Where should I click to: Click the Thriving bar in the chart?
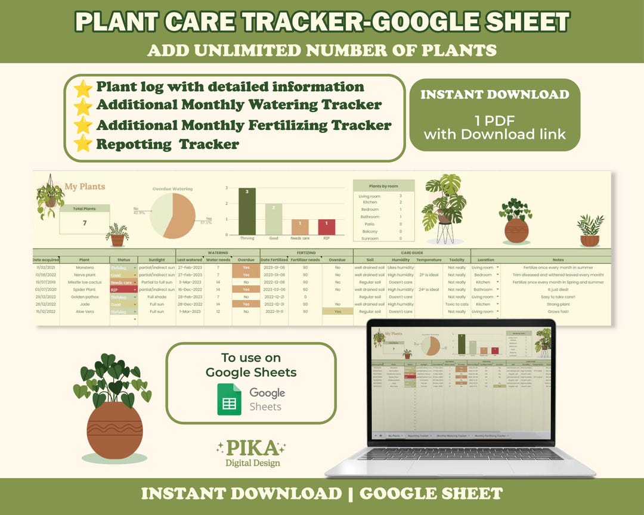[x=247, y=211]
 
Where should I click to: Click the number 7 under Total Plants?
[x=84, y=222]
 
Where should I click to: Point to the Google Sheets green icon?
[x=228, y=399]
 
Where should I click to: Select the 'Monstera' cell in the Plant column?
[x=84, y=268]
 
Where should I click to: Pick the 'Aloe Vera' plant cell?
[x=84, y=312]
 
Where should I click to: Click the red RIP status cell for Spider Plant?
[x=122, y=290]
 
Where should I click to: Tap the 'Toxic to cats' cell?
[x=457, y=304]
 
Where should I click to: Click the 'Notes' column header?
[x=558, y=260]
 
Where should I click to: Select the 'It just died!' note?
[x=558, y=290]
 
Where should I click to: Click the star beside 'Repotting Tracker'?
[x=83, y=144]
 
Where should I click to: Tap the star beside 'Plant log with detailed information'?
[x=83, y=88]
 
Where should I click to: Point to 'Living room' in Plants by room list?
[x=369, y=196]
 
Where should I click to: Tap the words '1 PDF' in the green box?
[x=494, y=119]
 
